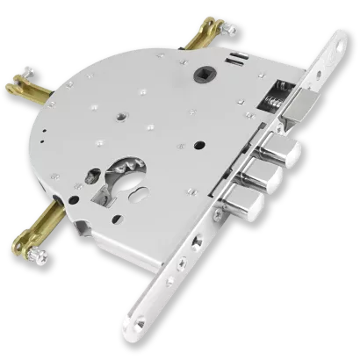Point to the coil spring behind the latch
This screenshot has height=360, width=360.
click(x=273, y=96)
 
